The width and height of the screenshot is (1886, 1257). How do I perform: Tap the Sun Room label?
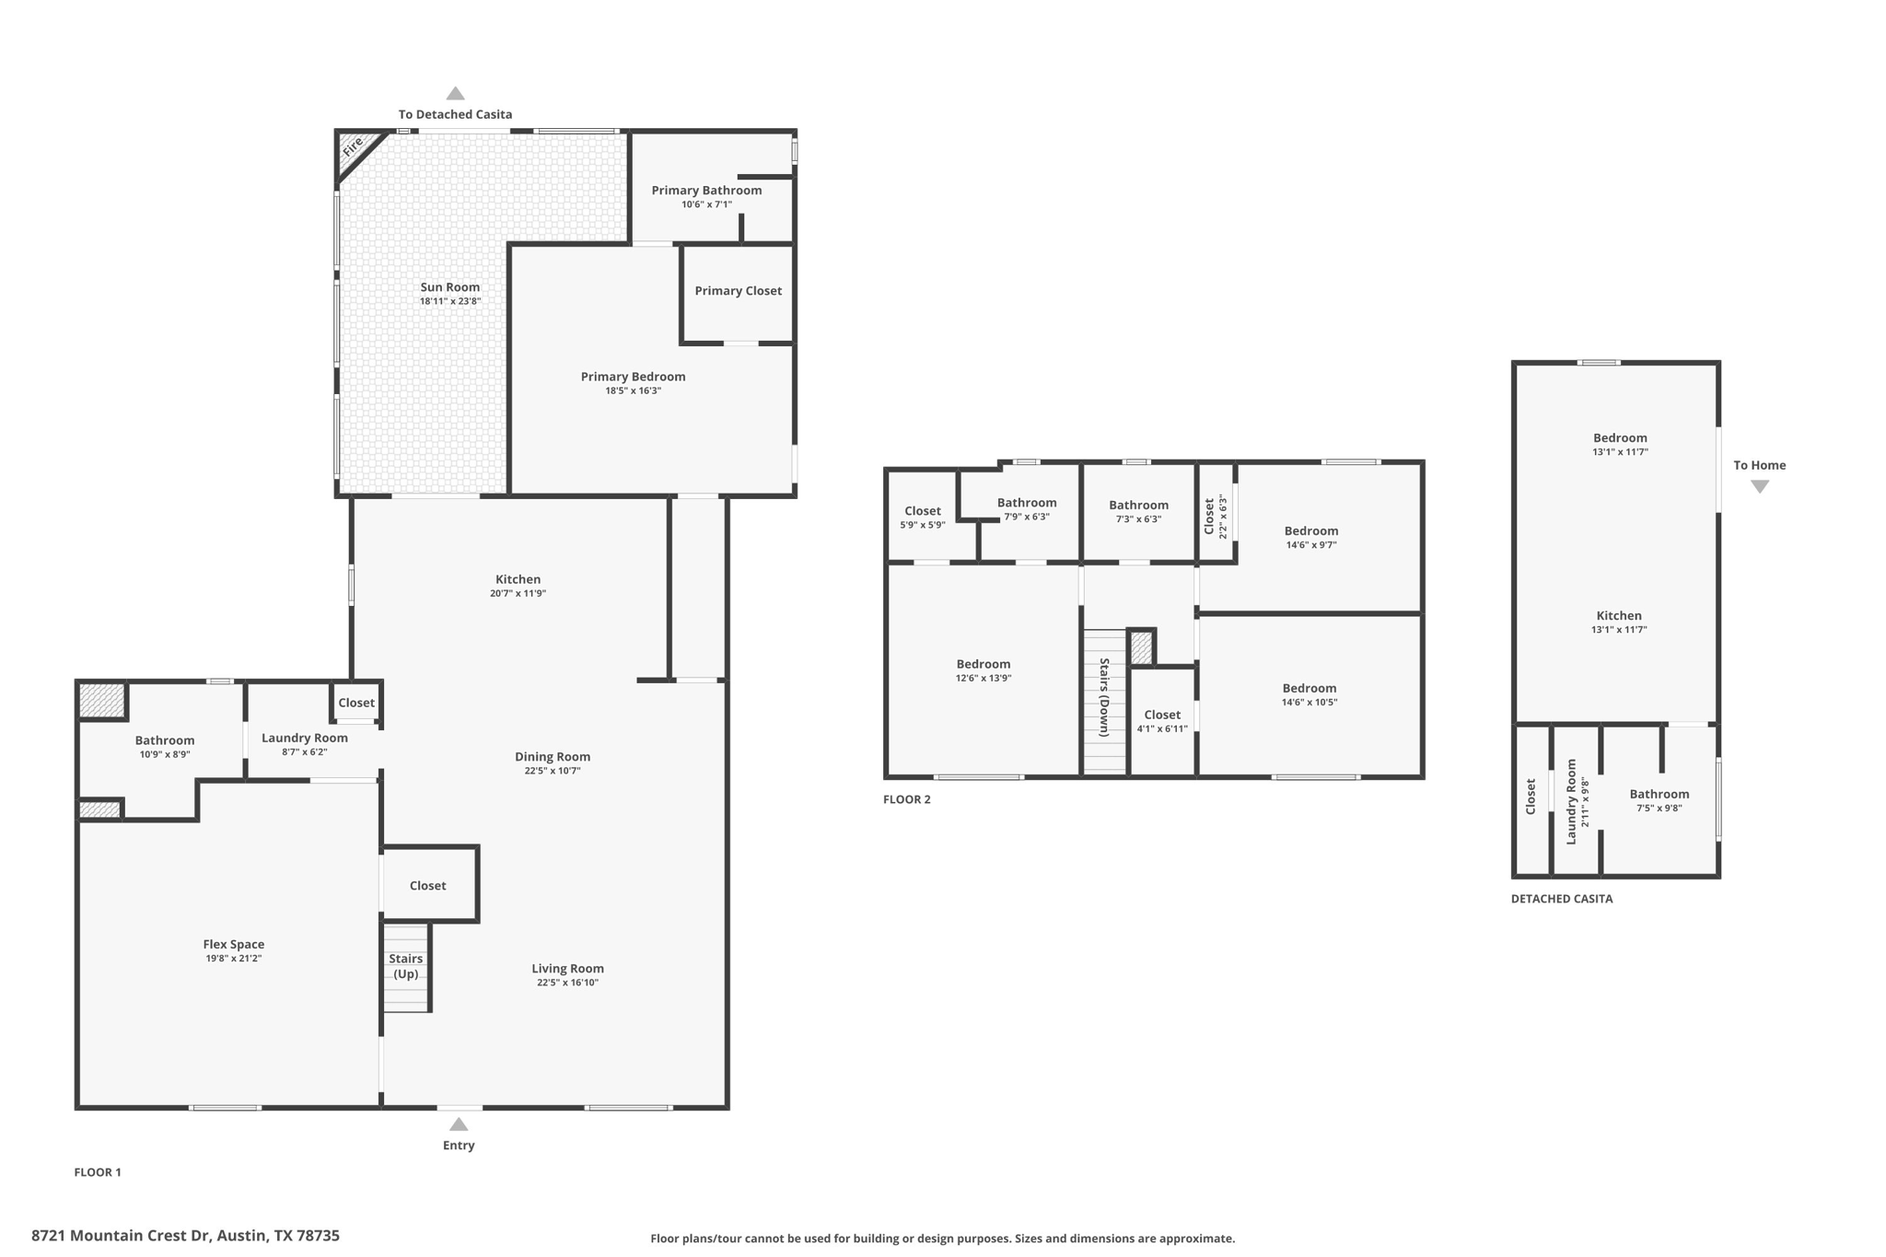(449, 287)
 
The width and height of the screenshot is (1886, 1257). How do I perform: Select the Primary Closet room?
(738, 291)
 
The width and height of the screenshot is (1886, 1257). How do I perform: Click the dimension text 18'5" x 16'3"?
(633, 390)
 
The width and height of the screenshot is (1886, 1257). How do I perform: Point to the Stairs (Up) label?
(405, 966)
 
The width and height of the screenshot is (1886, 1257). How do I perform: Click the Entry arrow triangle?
(459, 1124)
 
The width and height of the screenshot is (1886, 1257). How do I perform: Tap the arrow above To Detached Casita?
(455, 93)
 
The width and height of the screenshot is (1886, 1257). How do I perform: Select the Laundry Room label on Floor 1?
(304, 738)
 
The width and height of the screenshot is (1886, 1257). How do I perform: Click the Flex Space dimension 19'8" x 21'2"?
(233, 959)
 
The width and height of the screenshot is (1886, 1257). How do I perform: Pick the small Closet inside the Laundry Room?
(355, 703)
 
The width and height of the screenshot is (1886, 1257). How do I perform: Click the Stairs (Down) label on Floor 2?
(1104, 697)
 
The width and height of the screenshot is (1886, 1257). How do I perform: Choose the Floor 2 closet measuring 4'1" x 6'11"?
(1162, 721)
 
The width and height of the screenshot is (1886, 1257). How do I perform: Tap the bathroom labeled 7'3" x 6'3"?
(1138, 511)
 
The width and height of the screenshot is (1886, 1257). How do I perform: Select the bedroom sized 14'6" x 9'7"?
(1310, 537)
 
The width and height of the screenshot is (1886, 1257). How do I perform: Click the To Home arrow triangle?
(1759, 487)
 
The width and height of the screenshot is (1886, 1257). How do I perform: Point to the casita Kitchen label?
(1618, 616)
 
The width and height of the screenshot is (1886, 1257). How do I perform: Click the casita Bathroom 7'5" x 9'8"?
(1659, 800)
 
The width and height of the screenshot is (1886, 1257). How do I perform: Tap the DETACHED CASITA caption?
(1561, 899)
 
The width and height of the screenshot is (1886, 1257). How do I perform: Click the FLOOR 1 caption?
(98, 1172)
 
